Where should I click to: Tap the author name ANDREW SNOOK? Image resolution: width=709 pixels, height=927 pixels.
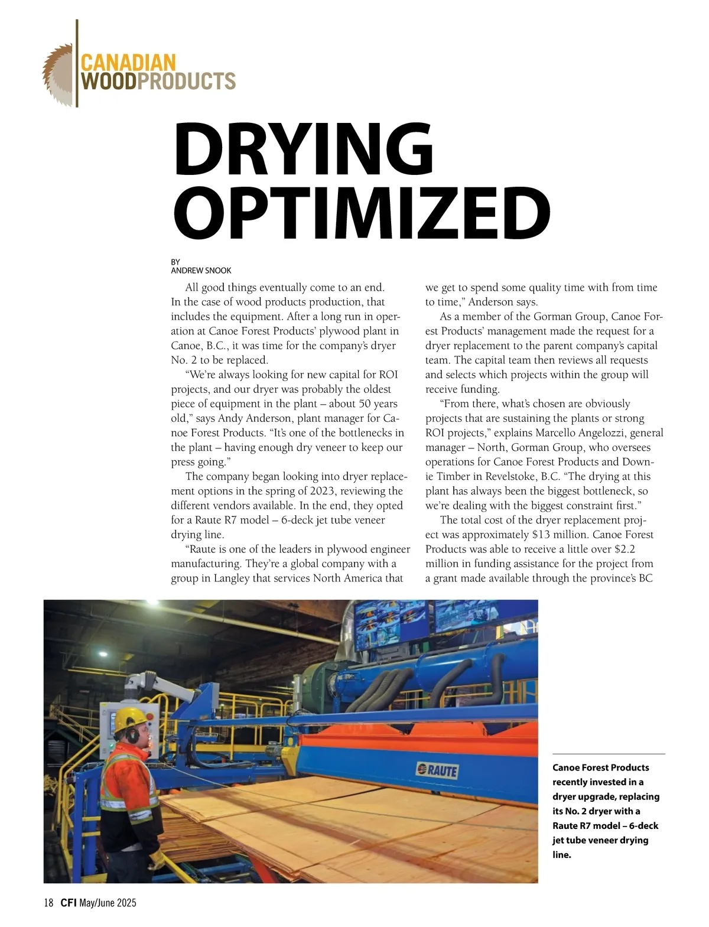(201, 271)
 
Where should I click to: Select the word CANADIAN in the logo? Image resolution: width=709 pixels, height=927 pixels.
(128, 62)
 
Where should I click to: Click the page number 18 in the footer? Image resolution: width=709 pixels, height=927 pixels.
(48, 903)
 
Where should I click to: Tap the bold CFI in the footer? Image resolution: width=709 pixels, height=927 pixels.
(68, 903)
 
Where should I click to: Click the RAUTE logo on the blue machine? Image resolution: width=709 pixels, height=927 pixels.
(437, 770)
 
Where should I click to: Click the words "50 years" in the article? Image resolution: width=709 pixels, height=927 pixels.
(377, 404)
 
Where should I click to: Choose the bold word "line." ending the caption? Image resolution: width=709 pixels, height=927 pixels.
(562, 855)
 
